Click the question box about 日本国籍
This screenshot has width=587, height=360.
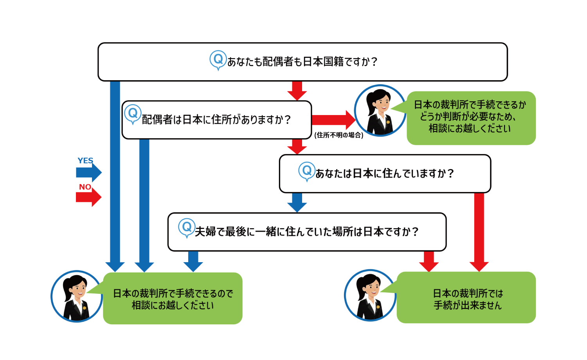click(x=303, y=62)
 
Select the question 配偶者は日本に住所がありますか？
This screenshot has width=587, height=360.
click(x=216, y=120)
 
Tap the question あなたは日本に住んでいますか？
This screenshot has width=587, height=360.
click(x=385, y=173)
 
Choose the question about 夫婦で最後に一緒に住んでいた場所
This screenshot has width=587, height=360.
click(x=307, y=232)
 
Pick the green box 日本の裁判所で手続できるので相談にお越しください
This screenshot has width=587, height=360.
click(x=173, y=299)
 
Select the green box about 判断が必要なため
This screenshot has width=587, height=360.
click(x=471, y=117)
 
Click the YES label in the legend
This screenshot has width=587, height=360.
click(x=85, y=161)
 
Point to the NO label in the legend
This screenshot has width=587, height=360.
click(x=85, y=187)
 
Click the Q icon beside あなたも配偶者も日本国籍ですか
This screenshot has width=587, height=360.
click(x=218, y=60)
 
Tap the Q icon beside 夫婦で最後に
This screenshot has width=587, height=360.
click(x=187, y=227)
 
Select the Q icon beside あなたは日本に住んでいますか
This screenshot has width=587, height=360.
click(x=307, y=171)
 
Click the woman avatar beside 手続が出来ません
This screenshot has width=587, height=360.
click(x=370, y=295)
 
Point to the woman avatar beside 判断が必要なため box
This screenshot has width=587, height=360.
click(x=380, y=110)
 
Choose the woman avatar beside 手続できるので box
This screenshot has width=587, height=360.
click(x=77, y=296)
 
